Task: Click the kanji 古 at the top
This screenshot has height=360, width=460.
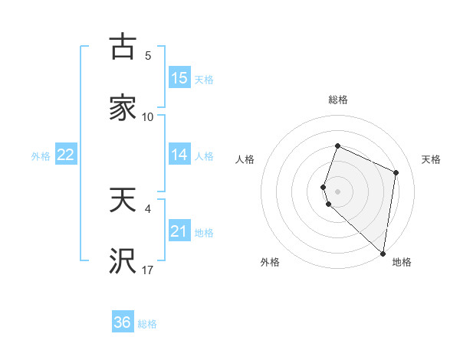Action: [122, 47]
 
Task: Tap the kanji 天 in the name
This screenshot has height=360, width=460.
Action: [122, 201]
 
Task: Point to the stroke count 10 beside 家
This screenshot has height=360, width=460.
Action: [148, 116]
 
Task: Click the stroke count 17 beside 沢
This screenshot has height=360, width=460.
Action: [148, 270]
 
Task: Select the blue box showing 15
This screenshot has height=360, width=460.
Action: [179, 78]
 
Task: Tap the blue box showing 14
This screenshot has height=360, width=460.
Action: [179, 155]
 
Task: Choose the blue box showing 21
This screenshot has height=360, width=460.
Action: [179, 231]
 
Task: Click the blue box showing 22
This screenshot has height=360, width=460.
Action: [66, 155]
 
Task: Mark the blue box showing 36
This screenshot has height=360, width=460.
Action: [123, 322]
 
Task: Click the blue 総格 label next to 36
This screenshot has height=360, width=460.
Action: [147, 324]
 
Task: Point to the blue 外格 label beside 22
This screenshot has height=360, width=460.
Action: [41, 156]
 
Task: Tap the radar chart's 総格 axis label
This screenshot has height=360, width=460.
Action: [338, 100]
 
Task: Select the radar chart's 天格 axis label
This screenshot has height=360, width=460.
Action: [432, 159]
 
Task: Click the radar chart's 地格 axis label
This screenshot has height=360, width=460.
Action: [402, 262]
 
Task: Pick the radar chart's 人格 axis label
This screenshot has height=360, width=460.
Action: [245, 159]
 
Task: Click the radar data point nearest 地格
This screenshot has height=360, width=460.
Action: [383, 253]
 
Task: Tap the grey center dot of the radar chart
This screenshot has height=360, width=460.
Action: [337, 191]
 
